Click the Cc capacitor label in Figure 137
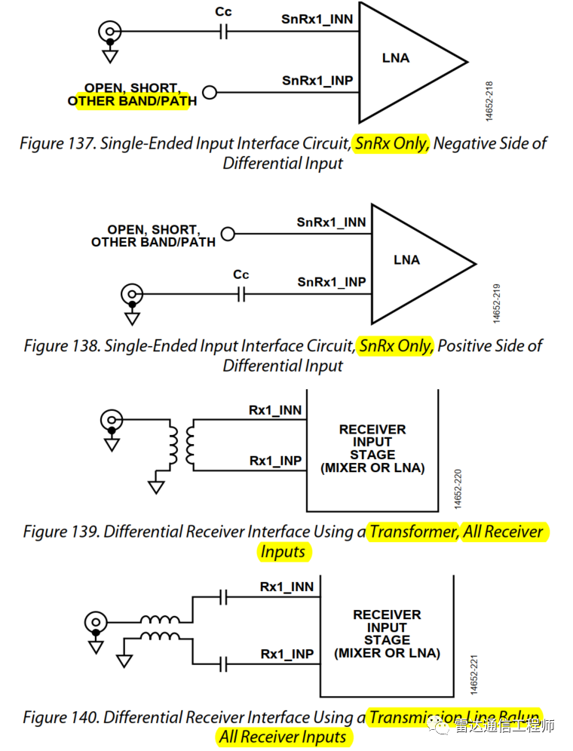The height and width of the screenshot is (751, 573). pos(222,13)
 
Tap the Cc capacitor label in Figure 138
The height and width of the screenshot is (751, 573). pos(241,275)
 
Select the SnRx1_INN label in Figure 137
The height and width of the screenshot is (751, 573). pos(317,19)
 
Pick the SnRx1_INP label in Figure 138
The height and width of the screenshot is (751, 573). pos(332,282)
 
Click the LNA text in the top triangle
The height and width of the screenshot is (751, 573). pos(397,57)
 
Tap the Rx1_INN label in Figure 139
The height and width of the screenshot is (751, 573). pos(275,411)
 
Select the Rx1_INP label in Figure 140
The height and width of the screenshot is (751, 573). pos(286,654)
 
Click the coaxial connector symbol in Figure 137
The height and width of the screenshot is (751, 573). pos(110,32)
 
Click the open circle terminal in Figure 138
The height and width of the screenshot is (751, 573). pos(227,234)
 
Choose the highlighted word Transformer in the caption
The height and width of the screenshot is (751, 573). pos(413,532)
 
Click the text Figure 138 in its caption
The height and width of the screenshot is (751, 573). pos(61,346)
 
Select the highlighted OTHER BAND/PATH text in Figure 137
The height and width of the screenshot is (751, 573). pos(133,101)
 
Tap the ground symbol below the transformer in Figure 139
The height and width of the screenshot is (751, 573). pos(156,486)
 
